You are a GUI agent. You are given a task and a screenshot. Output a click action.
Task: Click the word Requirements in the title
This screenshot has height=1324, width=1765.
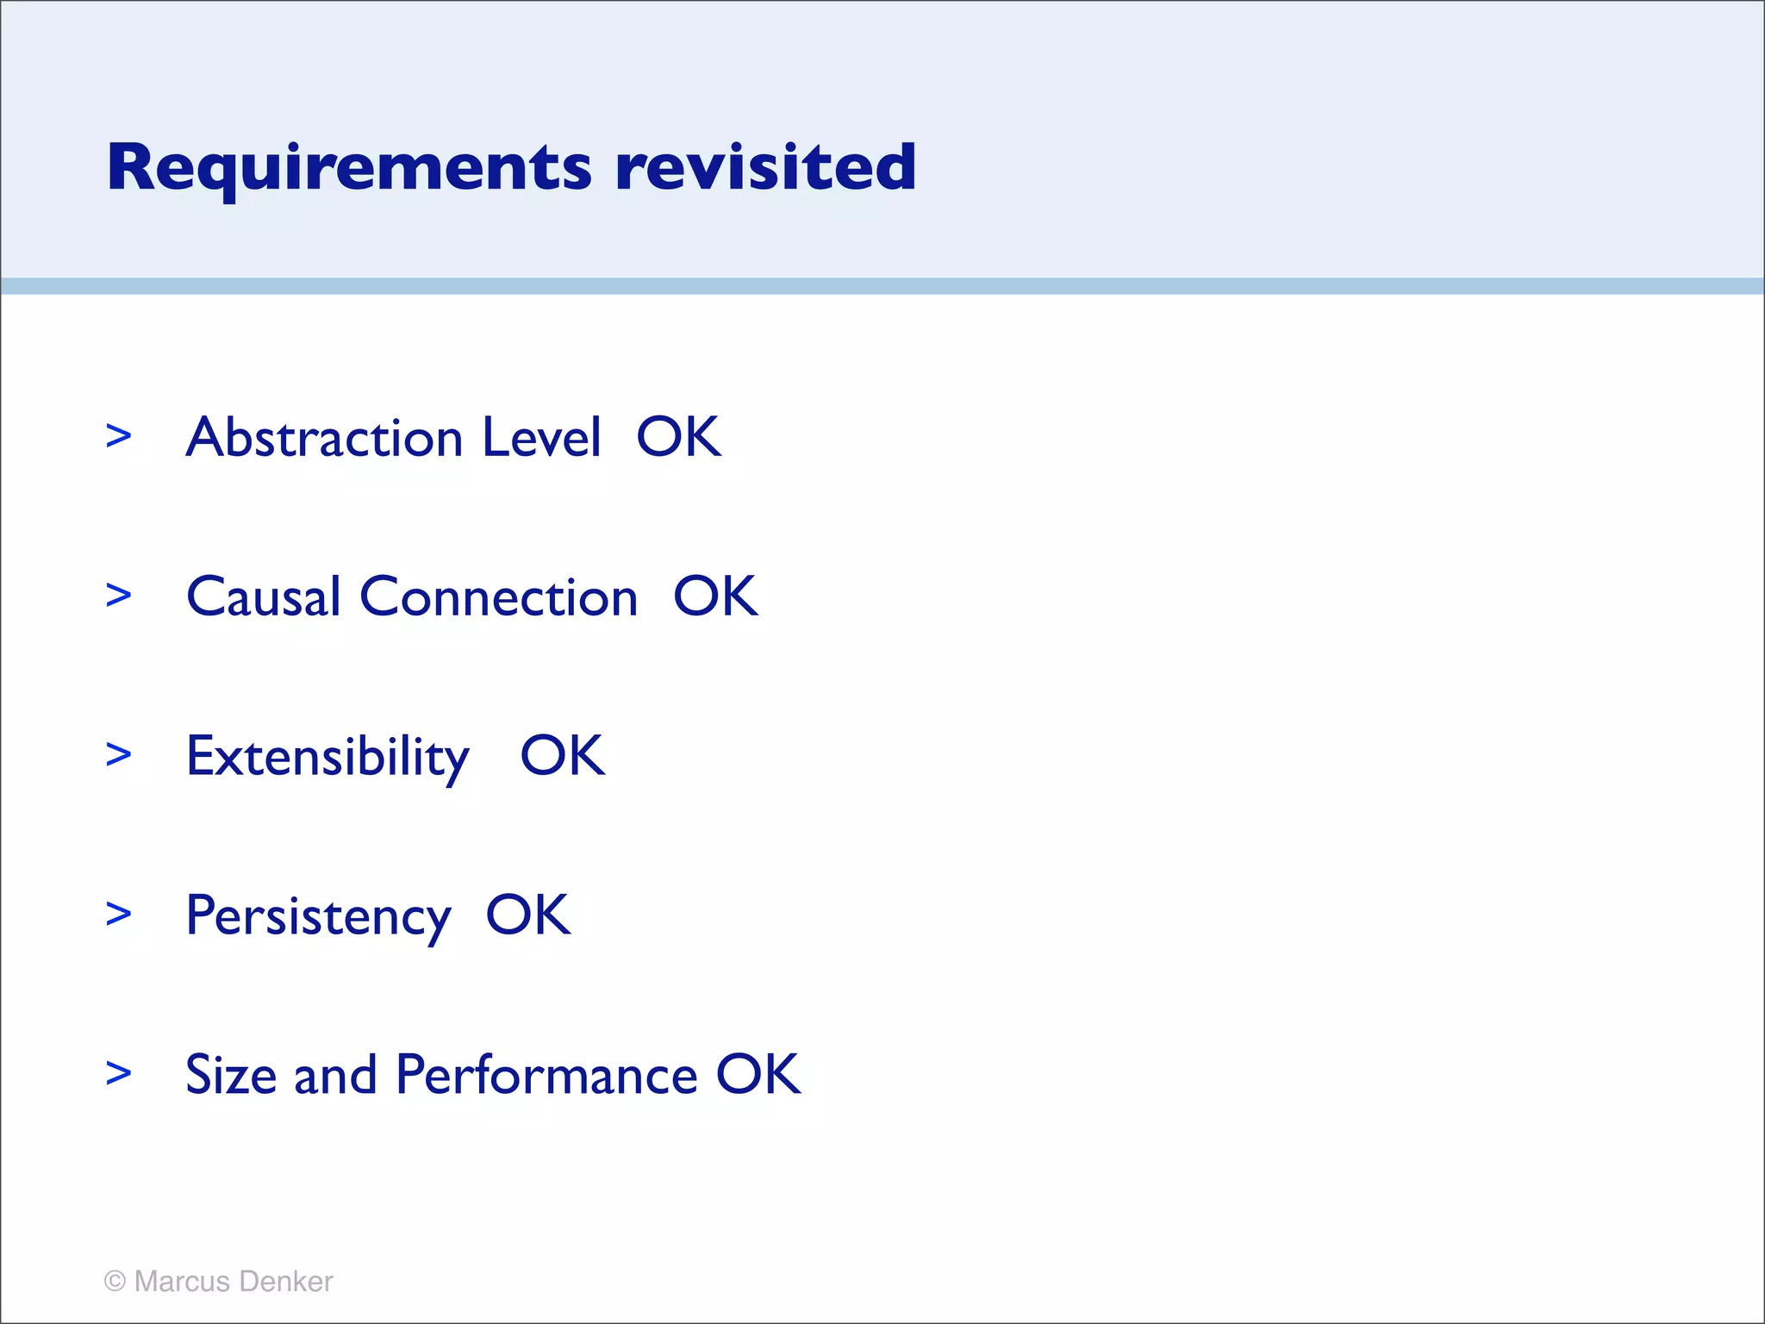click(349, 168)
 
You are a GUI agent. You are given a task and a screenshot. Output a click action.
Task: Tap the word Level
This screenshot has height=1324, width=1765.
click(541, 437)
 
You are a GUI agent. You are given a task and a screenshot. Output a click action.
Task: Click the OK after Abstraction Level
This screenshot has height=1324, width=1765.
click(678, 437)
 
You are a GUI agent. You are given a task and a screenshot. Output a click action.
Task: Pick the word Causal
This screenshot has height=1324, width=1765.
click(264, 596)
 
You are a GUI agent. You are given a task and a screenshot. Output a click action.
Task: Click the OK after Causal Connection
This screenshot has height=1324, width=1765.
click(715, 596)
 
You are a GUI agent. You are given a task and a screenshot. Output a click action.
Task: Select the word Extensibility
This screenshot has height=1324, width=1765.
click(327, 758)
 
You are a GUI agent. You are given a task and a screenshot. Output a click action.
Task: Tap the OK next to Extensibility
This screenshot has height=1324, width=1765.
click(562, 756)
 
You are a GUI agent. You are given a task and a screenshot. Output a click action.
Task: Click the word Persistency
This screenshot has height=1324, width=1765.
click(318, 917)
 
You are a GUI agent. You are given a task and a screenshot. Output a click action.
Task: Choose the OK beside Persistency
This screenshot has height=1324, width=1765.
click(527, 915)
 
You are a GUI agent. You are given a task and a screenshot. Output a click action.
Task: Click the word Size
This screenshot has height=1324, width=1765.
click(230, 1075)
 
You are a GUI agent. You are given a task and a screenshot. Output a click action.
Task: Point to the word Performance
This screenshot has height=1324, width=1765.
click(546, 1075)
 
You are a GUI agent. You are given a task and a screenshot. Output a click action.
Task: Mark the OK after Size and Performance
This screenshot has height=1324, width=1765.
click(758, 1075)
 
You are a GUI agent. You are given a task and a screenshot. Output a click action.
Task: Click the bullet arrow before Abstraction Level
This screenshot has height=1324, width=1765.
click(119, 436)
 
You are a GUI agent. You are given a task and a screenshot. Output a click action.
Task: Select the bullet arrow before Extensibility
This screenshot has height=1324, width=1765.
click(119, 755)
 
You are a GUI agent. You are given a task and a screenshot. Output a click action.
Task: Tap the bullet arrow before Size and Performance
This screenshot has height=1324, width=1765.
click(119, 1074)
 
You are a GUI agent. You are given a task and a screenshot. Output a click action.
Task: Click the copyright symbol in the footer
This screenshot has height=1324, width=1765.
click(115, 1281)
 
